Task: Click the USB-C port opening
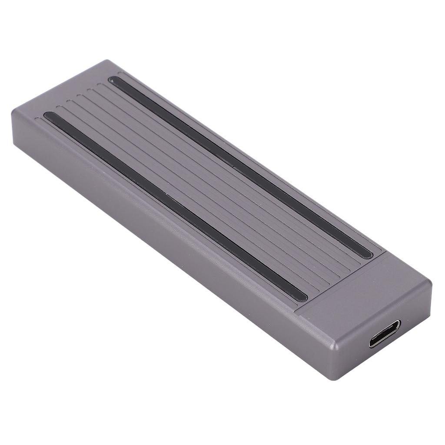point(385,334)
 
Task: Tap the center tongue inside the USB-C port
point(385,334)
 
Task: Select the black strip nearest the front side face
point(174,204)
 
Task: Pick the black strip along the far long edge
point(243,165)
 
